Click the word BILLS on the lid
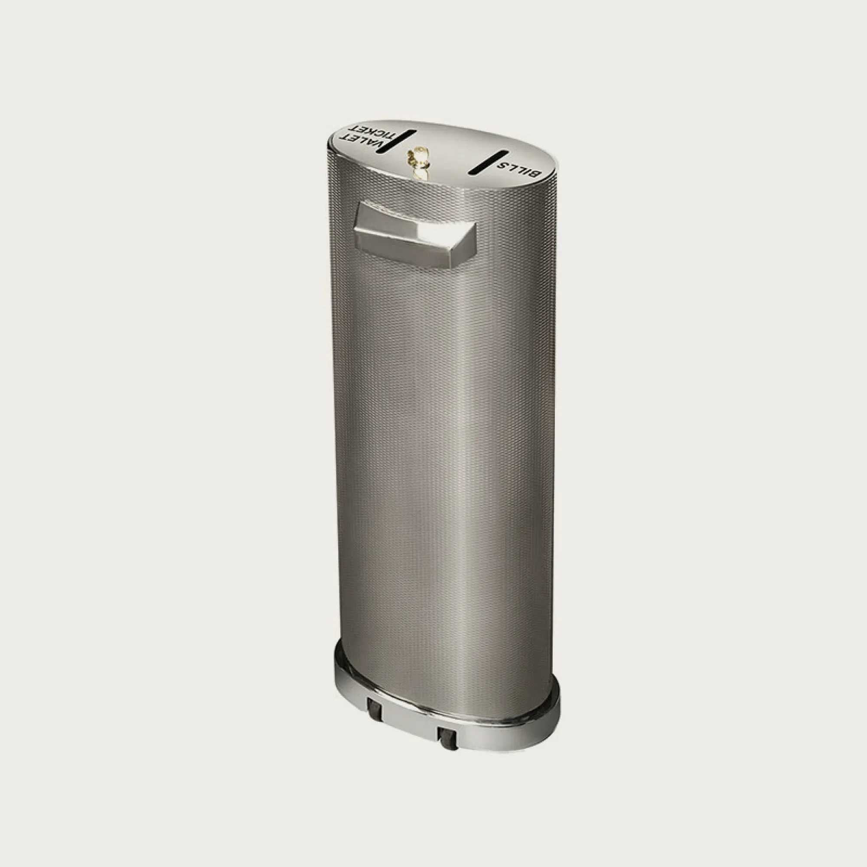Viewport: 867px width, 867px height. tap(519, 169)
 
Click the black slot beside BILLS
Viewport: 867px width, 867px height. tap(488, 162)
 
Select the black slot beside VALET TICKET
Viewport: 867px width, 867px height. tap(397, 142)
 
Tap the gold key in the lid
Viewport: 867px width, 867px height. tap(417, 163)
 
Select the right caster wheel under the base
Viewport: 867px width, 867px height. tap(447, 737)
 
